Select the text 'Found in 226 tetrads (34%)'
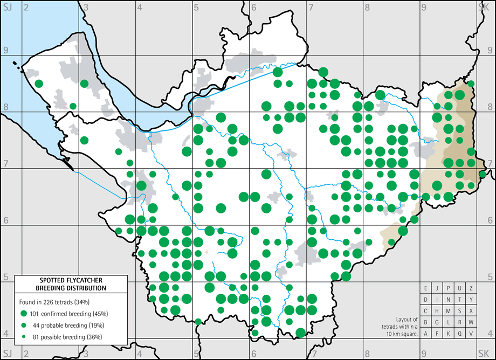coord(57,301)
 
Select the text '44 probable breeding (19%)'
coord(70,325)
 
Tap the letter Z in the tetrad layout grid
coord(471,288)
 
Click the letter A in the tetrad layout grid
coord(426,334)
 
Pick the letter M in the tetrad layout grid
coord(449,311)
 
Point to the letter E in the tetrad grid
coord(426,288)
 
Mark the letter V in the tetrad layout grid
coord(471,334)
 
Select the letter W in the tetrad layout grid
coord(471,322)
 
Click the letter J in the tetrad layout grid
coord(437,288)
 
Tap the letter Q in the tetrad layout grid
coord(460,334)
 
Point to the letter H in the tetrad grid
coord(437,311)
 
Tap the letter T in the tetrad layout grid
coord(460,300)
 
